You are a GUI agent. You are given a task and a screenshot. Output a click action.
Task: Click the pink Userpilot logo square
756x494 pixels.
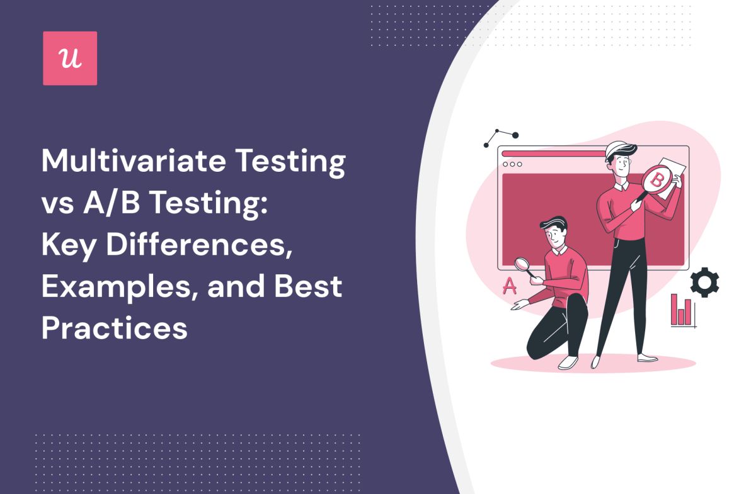click(x=70, y=58)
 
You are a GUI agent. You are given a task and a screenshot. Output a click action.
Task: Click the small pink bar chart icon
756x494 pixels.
click(x=681, y=310)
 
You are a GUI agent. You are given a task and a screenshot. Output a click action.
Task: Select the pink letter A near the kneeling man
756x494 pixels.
click(x=509, y=286)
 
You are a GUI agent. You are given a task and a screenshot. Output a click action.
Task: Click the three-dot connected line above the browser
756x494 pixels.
click(x=501, y=137)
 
